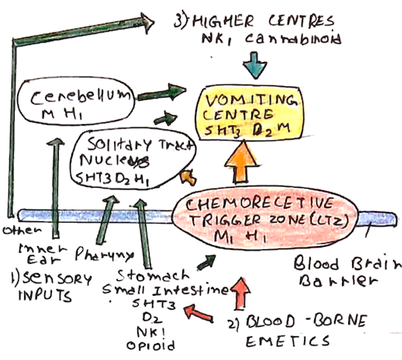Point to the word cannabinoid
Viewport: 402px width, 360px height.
(292, 39)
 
